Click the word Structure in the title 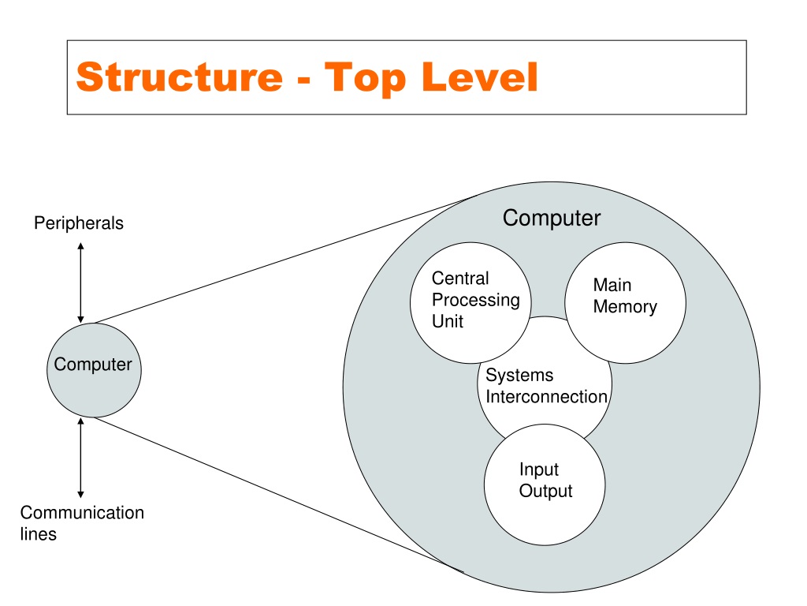(x=180, y=77)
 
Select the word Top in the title (x=365, y=79)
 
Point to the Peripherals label (x=79, y=223)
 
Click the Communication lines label (x=82, y=523)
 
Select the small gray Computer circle (x=94, y=370)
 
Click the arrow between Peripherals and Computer (x=81, y=283)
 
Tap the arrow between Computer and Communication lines (x=81, y=458)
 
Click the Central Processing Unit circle (x=470, y=302)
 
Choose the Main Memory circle (x=625, y=302)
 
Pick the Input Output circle (x=545, y=485)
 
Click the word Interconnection (x=547, y=397)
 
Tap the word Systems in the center (x=519, y=375)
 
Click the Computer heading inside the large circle (x=551, y=218)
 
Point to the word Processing (x=475, y=301)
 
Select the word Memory (x=625, y=307)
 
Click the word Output (x=545, y=491)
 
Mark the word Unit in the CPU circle (x=448, y=322)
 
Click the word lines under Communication (x=38, y=534)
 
